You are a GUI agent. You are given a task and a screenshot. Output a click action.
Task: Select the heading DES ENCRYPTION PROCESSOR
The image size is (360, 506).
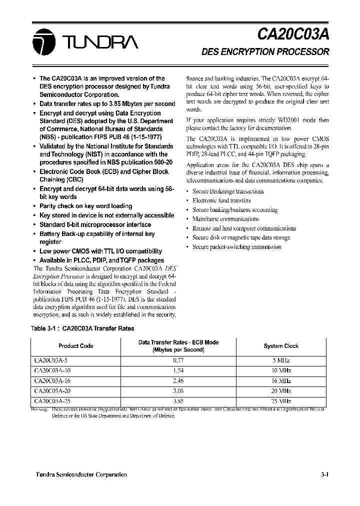265,51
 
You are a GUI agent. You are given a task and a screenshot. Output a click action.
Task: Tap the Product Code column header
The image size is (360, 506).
75,346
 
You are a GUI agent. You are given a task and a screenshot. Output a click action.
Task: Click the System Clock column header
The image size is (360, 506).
280,346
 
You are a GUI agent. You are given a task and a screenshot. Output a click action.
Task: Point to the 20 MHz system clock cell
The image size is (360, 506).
280,390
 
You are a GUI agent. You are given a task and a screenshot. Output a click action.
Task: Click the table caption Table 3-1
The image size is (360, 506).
82,328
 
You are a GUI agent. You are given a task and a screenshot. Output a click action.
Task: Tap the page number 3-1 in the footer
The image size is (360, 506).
324,474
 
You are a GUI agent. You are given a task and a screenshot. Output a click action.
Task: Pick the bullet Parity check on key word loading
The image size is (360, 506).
85,206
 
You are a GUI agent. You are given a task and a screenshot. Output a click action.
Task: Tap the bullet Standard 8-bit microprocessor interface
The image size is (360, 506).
95,224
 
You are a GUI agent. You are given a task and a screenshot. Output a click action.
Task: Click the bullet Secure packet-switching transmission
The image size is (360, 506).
236,246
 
